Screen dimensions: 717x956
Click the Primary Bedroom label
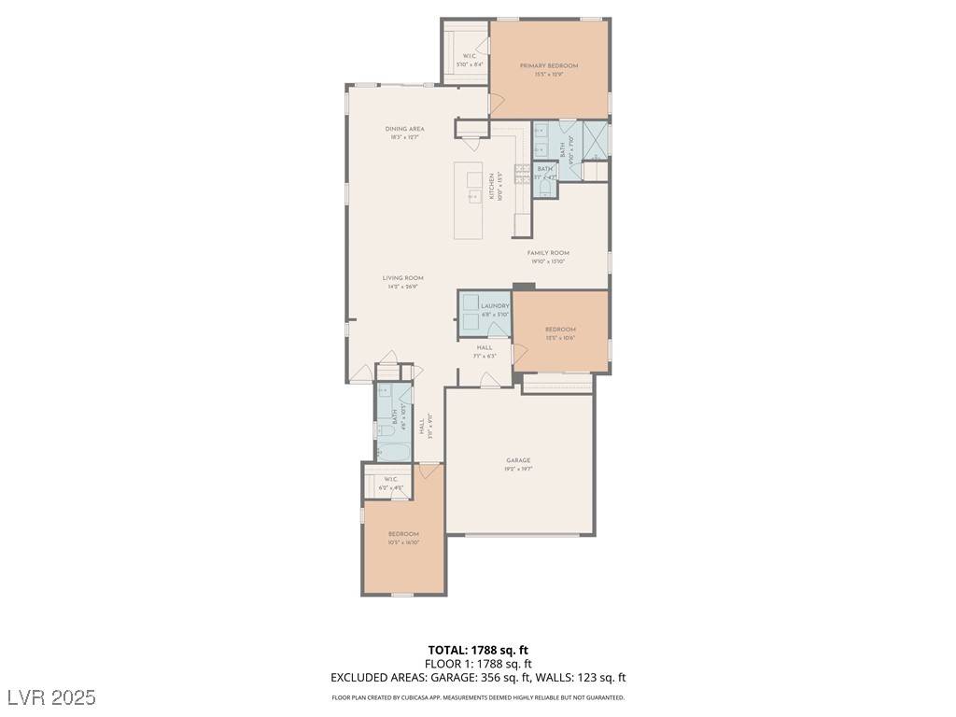549,66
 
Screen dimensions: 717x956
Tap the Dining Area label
404,130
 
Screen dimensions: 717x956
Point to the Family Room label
548,253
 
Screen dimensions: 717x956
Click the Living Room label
402,278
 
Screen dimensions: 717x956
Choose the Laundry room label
495,306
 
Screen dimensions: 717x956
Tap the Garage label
518,460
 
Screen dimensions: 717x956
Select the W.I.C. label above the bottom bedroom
389,480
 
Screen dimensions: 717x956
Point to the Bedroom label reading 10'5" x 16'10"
403,534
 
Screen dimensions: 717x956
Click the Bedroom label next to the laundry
560,330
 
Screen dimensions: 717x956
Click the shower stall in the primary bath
595,139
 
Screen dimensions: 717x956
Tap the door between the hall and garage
487,379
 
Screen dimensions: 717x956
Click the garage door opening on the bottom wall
520,535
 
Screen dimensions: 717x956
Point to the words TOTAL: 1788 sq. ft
478,650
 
